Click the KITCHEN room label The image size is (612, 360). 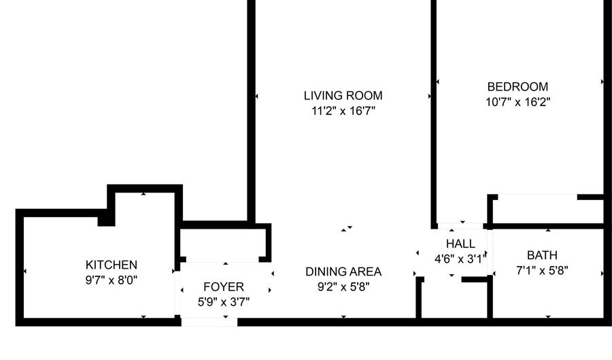[112, 265]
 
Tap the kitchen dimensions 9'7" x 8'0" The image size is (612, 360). [112, 280]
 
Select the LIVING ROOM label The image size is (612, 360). [343, 96]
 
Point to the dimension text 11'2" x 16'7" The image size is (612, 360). [343, 112]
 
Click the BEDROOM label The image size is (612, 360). [517, 86]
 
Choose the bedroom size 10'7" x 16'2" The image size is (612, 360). [517, 102]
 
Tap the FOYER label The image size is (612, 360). [224, 287]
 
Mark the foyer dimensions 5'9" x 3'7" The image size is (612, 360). [224, 302]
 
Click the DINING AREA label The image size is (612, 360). [343, 272]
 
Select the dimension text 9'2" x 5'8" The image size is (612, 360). [343, 287]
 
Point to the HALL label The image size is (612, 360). [460, 244]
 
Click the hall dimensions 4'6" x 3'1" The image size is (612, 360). [460, 259]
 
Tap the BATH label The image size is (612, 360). [542, 255]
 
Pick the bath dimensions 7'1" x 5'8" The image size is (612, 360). [542, 271]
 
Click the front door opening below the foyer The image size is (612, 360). [209, 322]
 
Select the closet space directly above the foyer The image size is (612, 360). [223, 245]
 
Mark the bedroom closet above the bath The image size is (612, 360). [548, 211]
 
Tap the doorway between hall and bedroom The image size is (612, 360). [460, 226]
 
